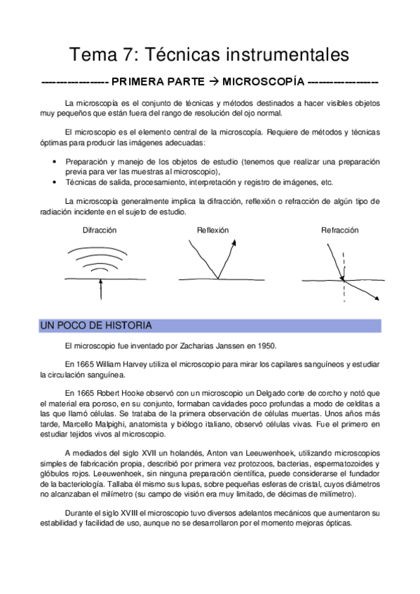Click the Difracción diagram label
click(x=100, y=230)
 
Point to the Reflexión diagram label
click(x=212, y=230)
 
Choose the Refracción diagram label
click(x=340, y=230)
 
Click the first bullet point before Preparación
click(x=55, y=162)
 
